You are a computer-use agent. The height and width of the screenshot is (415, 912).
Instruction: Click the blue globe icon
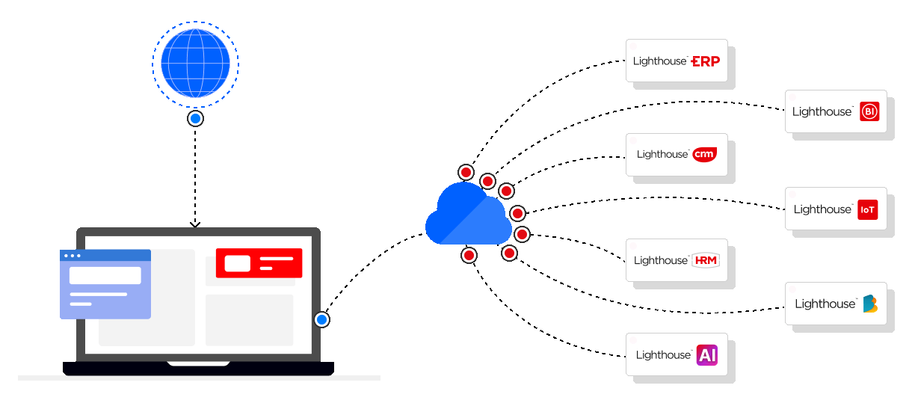click(x=195, y=64)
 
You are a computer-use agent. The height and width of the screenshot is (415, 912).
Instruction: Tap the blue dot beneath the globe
click(x=195, y=119)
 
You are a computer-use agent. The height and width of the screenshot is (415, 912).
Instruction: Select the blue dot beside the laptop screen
click(x=321, y=320)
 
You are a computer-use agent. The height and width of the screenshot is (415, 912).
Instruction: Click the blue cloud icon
click(x=468, y=216)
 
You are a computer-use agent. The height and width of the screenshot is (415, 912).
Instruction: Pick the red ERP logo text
click(x=706, y=61)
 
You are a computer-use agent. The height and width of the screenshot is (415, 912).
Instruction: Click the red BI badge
click(x=869, y=111)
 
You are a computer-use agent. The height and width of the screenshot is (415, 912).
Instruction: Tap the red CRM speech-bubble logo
click(x=704, y=154)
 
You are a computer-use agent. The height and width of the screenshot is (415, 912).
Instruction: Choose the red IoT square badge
click(x=867, y=209)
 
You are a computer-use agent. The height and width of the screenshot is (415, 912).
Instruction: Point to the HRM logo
click(x=706, y=260)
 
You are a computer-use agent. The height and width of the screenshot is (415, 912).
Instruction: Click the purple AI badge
click(x=706, y=354)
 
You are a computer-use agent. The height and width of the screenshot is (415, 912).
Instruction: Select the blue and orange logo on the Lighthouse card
click(x=869, y=304)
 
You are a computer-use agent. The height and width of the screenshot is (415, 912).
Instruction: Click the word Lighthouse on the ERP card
click(x=659, y=61)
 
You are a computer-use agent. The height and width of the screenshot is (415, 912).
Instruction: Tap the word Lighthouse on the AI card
click(x=663, y=355)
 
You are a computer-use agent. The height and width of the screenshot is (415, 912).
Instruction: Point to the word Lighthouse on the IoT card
click(x=822, y=210)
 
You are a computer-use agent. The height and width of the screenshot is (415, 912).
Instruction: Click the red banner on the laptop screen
click(x=259, y=263)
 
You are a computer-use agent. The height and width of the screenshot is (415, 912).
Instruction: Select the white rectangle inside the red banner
click(x=237, y=263)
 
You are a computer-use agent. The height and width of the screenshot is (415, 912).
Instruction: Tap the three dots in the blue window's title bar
click(x=72, y=256)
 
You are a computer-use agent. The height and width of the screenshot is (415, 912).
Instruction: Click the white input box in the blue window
click(x=105, y=275)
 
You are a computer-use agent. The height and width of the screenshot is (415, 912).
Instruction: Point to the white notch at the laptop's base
click(x=198, y=363)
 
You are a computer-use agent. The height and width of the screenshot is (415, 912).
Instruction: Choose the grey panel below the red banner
click(x=249, y=319)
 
